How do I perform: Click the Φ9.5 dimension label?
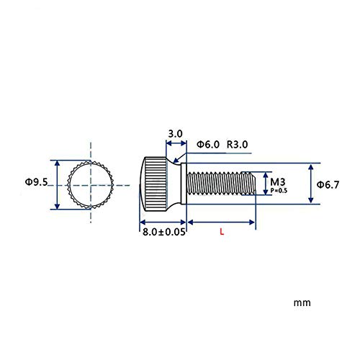tap(37, 182)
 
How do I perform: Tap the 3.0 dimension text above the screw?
tap(175, 134)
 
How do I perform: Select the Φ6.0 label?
tap(208, 145)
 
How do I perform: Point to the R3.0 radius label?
tap(237, 145)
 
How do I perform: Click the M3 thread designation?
tap(278, 182)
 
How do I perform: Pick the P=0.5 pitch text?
tap(279, 191)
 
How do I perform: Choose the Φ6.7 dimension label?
tap(328, 185)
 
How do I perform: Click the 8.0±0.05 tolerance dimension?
tap(164, 232)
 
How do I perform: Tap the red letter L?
tap(222, 232)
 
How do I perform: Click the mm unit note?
tap(302, 303)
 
